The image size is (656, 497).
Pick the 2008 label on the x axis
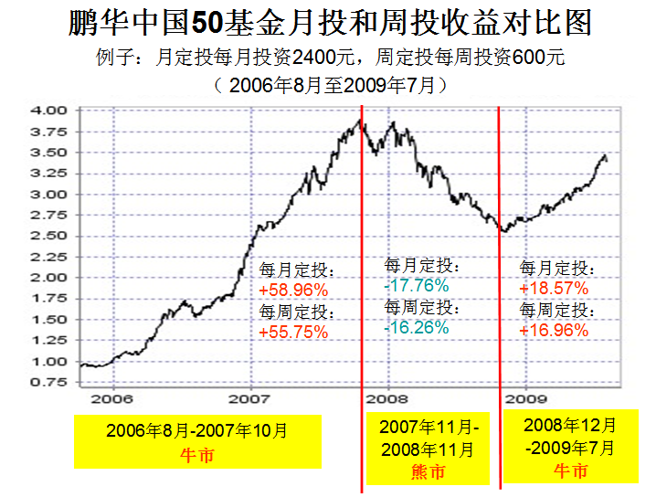[390, 400]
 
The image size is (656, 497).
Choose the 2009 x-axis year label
[526, 400]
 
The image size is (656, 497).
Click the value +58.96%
[293, 291]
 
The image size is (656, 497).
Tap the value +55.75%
[293, 333]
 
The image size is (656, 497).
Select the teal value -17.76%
[417, 286]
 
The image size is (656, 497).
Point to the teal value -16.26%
[417, 327]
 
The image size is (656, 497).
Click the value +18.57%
[555, 289]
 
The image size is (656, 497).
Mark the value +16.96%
[555, 331]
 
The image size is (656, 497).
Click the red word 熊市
[428, 472]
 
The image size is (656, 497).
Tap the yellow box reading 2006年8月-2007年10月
[197, 441]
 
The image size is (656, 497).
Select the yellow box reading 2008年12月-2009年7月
[570, 448]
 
